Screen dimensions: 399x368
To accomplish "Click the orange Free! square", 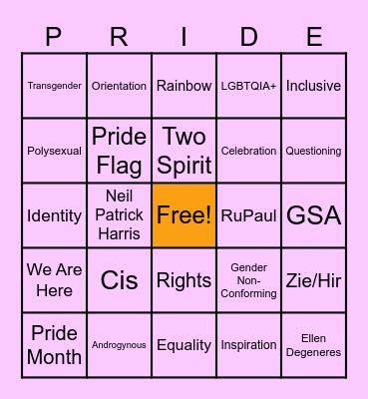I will click(x=184, y=215).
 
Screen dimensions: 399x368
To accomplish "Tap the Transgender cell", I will click(x=54, y=86).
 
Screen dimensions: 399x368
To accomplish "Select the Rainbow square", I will click(x=184, y=86).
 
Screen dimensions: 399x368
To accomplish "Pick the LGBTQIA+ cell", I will click(x=248, y=86).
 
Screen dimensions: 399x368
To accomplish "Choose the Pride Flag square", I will click(x=119, y=150).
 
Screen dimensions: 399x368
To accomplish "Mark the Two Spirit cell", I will click(x=184, y=150).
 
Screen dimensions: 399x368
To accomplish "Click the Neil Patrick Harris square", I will click(x=119, y=215).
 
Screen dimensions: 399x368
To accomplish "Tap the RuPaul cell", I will click(x=248, y=215).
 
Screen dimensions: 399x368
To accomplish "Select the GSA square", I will click(x=313, y=215).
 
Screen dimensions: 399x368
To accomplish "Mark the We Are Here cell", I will click(x=54, y=280).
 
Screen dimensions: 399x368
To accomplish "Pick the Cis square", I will click(x=119, y=280).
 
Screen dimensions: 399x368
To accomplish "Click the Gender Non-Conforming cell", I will click(x=248, y=280).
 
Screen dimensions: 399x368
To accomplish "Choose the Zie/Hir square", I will click(x=313, y=280).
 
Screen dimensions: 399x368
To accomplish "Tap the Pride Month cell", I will click(x=54, y=345).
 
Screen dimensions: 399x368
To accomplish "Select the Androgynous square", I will click(x=119, y=345).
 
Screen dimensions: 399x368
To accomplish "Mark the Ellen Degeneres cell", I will click(x=313, y=345).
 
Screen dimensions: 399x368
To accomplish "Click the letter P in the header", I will click(x=54, y=38).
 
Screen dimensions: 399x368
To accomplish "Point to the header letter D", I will click(x=249, y=38).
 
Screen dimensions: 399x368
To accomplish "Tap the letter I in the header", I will click(x=184, y=38).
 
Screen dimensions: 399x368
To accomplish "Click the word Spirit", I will click(x=184, y=164).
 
